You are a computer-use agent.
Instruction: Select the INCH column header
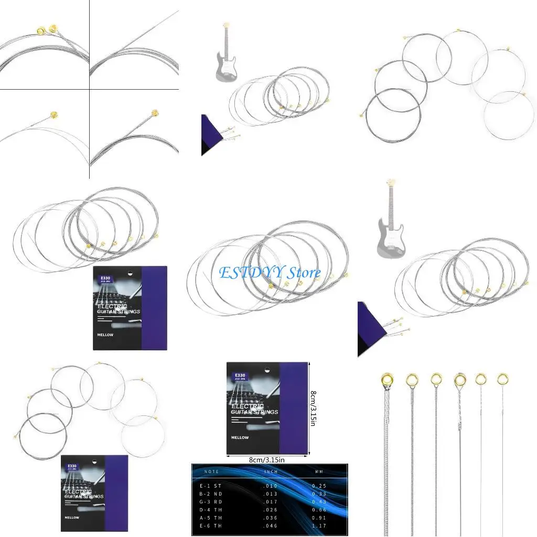click(271, 472)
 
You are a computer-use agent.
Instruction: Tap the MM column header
click(319, 472)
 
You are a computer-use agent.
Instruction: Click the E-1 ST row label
click(211, 486)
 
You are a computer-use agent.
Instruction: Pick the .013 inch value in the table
click(270, 493)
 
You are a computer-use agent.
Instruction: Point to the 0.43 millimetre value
click(319, 501)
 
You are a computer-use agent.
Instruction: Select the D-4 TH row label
click(211, 509)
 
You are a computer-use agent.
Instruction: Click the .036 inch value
click(270, 517)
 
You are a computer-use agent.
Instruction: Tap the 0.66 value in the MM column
click(319, 509)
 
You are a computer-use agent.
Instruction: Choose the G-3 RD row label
click(211, 501)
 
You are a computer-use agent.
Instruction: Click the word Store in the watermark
click(304, 273)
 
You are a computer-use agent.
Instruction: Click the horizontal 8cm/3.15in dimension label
click(267, 460)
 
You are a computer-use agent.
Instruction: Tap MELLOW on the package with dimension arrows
click(238, 437)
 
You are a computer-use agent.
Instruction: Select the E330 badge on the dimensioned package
click(240, 376)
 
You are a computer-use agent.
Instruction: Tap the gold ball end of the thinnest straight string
click(502, 378)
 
